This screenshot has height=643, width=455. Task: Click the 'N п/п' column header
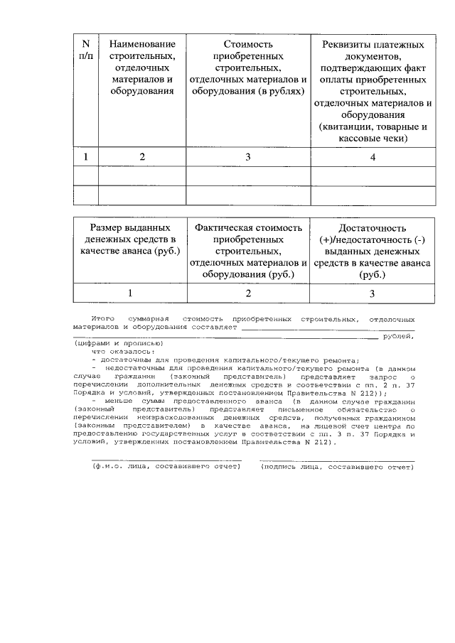point(85,51)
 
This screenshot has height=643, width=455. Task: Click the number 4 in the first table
point(372,157)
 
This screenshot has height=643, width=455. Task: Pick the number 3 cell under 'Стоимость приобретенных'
point(248,157)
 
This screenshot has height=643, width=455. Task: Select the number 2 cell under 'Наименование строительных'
point(142,157)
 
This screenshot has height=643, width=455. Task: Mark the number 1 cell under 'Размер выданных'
point(129,292)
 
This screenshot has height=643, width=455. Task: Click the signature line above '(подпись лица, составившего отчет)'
point(337,460)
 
